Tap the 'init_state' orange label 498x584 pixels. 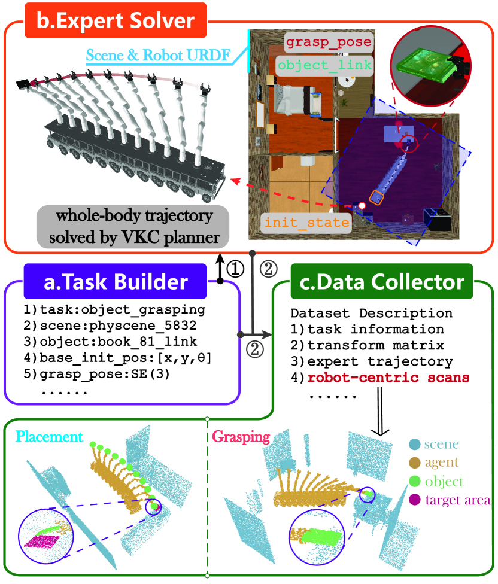coord(306,223)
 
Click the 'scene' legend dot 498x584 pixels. coord(415,445)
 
